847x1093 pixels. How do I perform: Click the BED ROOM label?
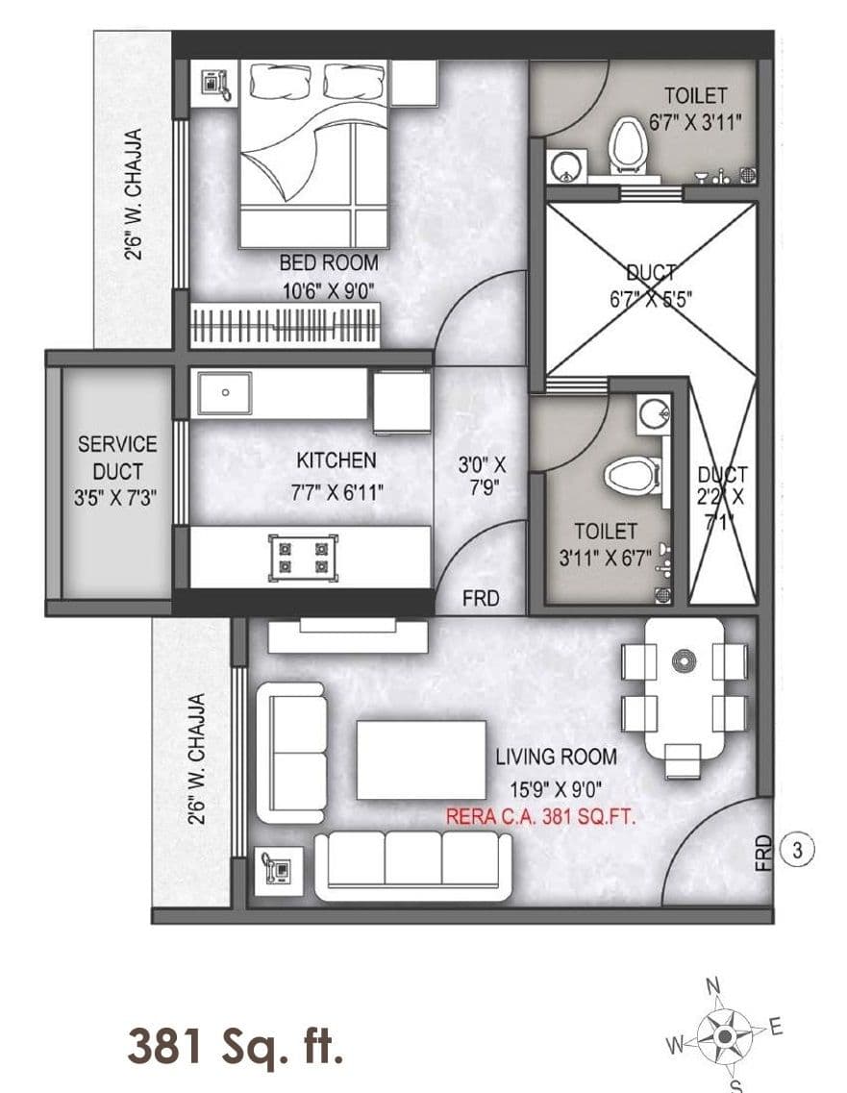click(x=329, y=262)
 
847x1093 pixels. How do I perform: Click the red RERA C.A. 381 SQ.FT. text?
click(x=542, y=817)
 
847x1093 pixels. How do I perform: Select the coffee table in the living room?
click(x=421, y=759)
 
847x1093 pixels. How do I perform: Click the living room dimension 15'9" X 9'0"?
click(x=556, y=789)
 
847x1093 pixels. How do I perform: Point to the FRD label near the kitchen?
click(x=481, y=598)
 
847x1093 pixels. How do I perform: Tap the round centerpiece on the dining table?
click(x=684, y=660)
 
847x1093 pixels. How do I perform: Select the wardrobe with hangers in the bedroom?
click(x=286, y=323)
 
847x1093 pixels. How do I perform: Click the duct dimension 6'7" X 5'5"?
click(x=650, y=298)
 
